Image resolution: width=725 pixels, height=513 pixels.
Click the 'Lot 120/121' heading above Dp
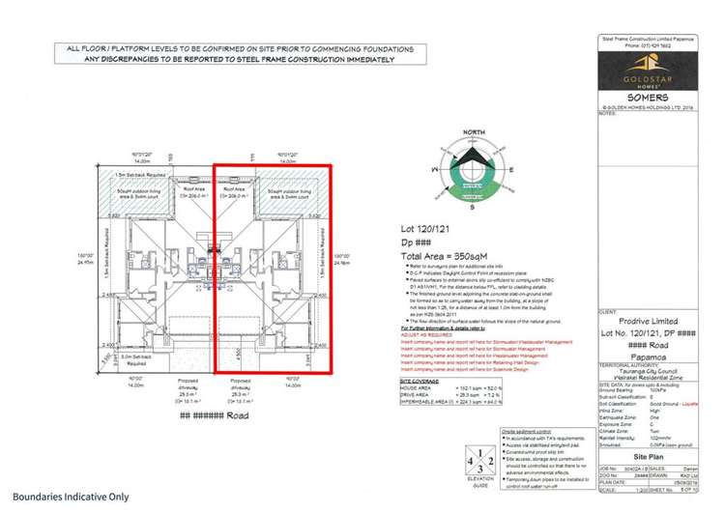425,229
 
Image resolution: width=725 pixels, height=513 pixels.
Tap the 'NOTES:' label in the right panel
608,113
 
